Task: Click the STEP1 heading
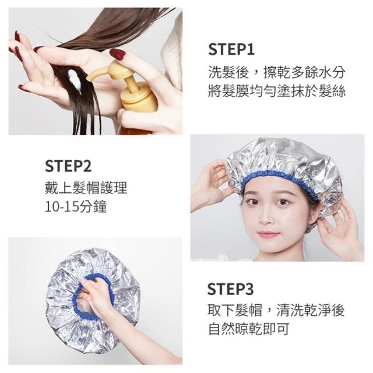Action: (231, 49)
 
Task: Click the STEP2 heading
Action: (68, 166)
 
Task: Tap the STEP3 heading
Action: (230, 289)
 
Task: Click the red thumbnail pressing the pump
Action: (118, 54)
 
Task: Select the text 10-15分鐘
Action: (76, 207)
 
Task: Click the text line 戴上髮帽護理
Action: (86, 188)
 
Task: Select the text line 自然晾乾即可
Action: (249, 329)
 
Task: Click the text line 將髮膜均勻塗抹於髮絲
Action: (277, 91)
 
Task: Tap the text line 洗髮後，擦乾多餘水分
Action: (277, 72)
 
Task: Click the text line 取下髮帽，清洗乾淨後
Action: (276, 309)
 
